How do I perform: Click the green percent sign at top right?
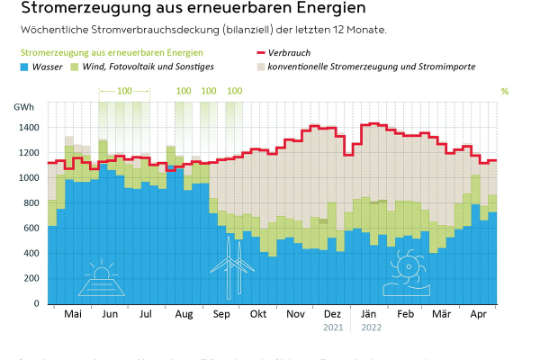pyautogui.click(x=504, y=91)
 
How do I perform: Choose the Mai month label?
pyautogui.click(x=72, y=314)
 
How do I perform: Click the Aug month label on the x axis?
pyautogui.click(x=183, y=314)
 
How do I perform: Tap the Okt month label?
pyautogui.click(x=258, y=314)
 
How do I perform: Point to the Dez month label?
pyautogui.click(x=333, y=314)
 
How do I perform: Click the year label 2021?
pyautogui.click(x=333, y=327)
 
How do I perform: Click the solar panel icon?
pyautogui.click(x=100, y=279)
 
